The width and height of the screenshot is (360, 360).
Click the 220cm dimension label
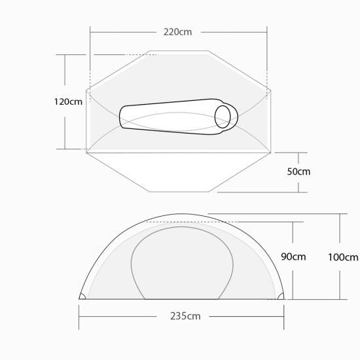(x=177, y=32)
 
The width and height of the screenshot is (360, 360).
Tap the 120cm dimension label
(x=68, y=101)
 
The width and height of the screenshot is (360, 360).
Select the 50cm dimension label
(x=298, y=171)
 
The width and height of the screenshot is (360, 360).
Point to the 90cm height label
(x=293, y=257)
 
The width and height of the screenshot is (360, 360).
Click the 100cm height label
(x=343, y=257)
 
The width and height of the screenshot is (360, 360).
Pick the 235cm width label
(x=185, y=316)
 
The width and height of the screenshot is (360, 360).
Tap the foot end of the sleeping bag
(x=120, y=117)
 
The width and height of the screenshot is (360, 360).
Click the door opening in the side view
(x=182, y=227)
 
